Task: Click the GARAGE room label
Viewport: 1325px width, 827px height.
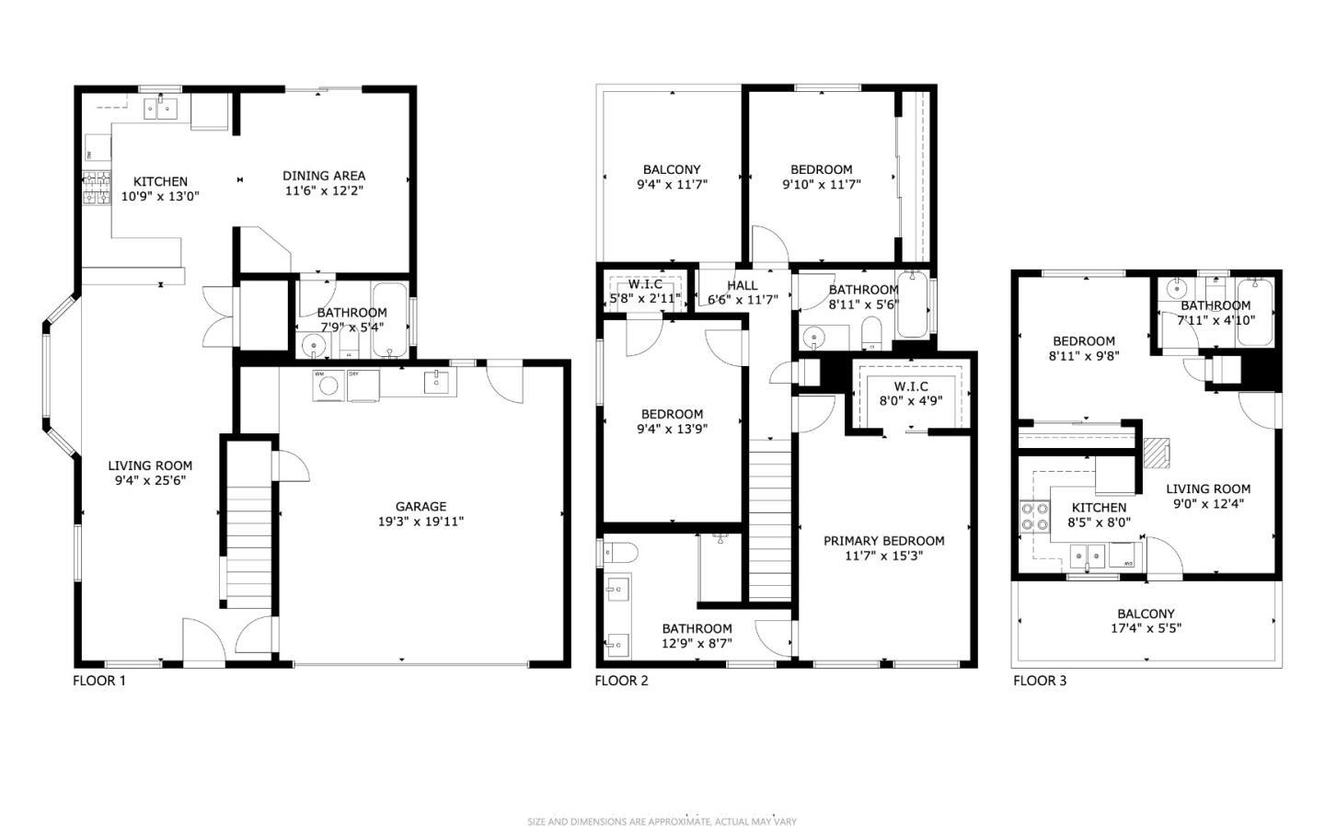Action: coord(421,506)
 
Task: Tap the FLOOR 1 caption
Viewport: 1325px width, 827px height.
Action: coord(99,681)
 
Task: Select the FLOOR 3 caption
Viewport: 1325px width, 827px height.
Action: coord(1040,681)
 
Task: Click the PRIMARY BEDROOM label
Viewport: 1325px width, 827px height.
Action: coord(883,541)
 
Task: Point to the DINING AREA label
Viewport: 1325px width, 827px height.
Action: coord(324,176)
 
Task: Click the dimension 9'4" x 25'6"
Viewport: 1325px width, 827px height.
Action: coord(149,480)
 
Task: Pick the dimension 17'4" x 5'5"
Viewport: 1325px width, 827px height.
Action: coord(1146,629)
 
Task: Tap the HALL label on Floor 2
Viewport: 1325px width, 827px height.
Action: coord(742,285)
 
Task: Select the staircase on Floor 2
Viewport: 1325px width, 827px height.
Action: coord(769,520)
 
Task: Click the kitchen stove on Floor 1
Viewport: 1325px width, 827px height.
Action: coord(97,188)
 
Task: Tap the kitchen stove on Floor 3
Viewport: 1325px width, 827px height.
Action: coord(1035,516)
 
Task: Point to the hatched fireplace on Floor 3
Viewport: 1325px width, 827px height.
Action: coord(1155,452)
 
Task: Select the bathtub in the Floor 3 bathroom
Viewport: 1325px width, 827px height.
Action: coord(1253,313)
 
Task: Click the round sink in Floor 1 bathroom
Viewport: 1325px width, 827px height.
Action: coord(314,347)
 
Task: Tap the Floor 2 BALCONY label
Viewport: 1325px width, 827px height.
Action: coord(671,169)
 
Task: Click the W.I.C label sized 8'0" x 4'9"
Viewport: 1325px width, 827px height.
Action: coord(911,386)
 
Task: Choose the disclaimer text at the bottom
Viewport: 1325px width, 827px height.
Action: coord(662,821)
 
